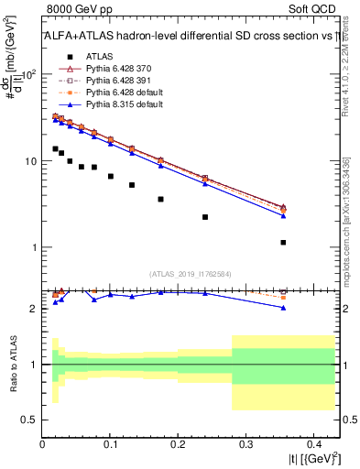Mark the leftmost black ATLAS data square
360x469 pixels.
click(x=55, y=148)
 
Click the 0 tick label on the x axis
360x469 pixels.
click(x=43, y=444)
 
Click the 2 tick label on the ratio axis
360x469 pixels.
click(x=33, y=309)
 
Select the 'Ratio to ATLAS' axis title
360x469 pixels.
click(x=13, y=365)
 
